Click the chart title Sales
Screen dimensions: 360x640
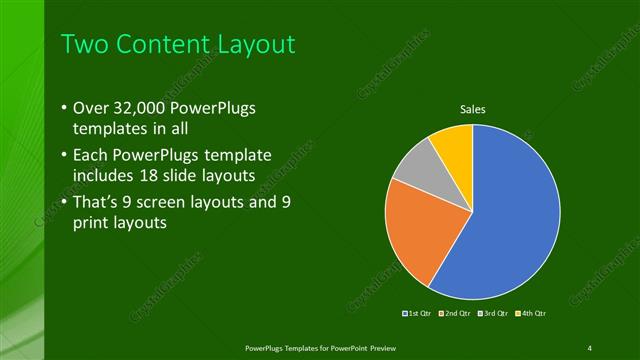[x=473, y=109]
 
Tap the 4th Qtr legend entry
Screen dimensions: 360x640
[x=533, y=314]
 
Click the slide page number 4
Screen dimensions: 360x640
[x=589, y=347]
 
